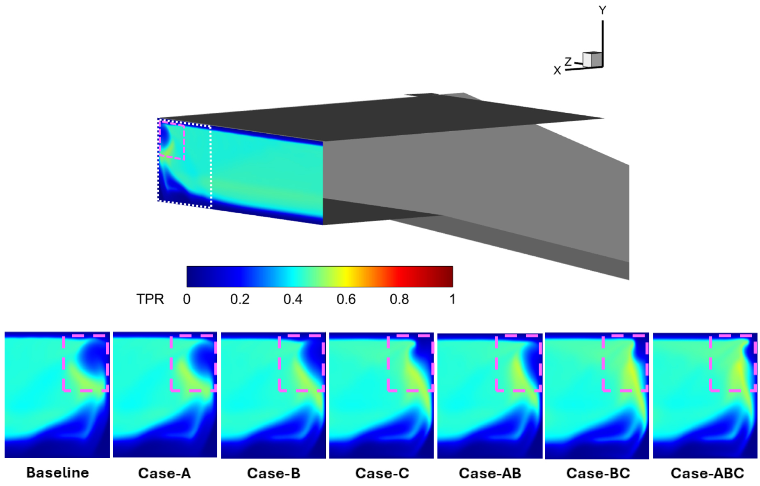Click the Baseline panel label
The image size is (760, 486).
(57, 472)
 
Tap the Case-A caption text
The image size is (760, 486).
(164, 473)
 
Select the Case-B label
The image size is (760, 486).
(273, 473)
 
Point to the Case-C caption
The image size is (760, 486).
(382, 473)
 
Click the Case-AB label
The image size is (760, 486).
(490, 473)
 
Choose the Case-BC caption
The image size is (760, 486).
(598, 473)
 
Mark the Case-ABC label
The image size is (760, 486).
(707, 473)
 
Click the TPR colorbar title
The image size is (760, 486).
(150, 299)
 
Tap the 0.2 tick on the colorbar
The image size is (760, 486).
(240, 299)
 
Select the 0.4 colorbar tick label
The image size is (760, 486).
(293, 299)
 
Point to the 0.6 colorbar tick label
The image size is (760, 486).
(346, 299)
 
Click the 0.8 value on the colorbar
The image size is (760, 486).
(399, 299)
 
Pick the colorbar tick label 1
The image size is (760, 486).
(452, 299)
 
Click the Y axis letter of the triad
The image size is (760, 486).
(602, 10)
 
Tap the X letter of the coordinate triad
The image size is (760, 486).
(557, 71)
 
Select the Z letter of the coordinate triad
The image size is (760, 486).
(568, 62)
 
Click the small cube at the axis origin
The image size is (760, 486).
(592, 59)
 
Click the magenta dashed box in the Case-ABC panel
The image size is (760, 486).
(710, 363)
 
